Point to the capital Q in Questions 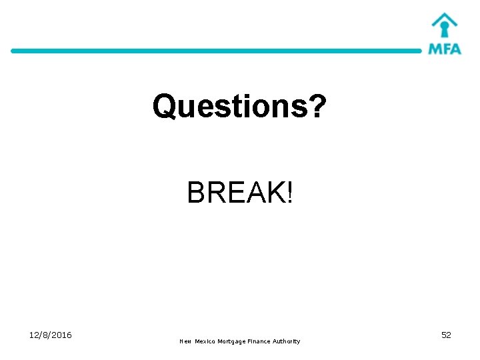[163, 107]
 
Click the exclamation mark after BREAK [289, 193]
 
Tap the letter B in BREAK [196, 193]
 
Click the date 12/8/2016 [51, 335]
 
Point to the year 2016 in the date [61, 335]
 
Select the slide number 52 [446, 335]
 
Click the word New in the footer [185, 341]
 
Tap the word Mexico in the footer [206, 341]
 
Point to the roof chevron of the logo [444, 17]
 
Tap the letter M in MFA [435, 49]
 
